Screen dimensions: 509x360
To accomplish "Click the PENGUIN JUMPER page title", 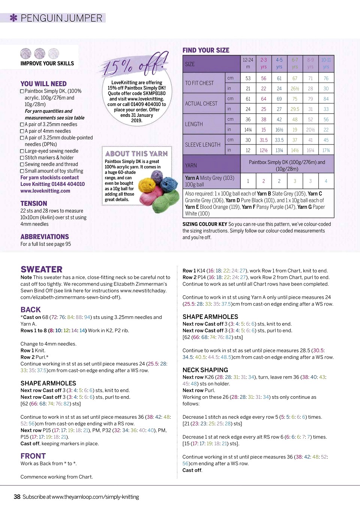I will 61,18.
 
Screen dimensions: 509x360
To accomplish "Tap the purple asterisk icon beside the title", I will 13,18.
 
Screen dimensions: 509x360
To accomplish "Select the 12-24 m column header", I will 248,63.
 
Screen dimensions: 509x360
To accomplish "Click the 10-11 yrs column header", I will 326,63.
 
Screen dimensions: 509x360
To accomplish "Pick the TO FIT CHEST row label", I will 199,83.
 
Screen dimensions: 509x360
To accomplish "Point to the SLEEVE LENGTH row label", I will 202,145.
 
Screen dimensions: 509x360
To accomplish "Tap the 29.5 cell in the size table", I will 295,109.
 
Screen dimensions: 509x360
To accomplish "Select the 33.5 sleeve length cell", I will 279,140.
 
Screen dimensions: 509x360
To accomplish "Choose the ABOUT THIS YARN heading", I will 136,154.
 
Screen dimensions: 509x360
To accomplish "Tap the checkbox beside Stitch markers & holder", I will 22,158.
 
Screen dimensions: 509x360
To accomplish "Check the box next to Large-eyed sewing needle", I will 22,151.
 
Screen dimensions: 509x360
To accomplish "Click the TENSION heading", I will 34,204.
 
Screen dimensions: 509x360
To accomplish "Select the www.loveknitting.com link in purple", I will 45,191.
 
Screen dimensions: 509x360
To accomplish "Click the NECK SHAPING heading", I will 205,370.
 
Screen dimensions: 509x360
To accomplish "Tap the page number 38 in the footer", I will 17,497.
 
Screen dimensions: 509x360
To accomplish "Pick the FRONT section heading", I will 33,456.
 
